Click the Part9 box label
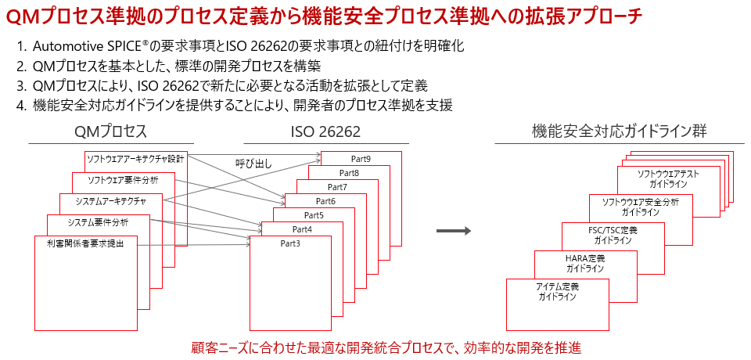click(x=361, y=160)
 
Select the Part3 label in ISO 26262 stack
click(x=290, y=243)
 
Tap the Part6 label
click(x=325, y=201)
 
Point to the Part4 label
click(x=302, y=229)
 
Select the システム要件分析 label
click(x=97, y=222)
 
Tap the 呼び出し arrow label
click(x=254, y=163)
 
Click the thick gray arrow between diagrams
click(x=452, y=231)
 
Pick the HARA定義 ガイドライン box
click(x=584, y=263)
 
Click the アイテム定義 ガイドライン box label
click(x=557, y=291)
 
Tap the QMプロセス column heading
click(x=111, y=131)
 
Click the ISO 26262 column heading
click(x=325, y=131)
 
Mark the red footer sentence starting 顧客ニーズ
click(x=386, y=347)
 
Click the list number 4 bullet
click(x=21, y=105)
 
